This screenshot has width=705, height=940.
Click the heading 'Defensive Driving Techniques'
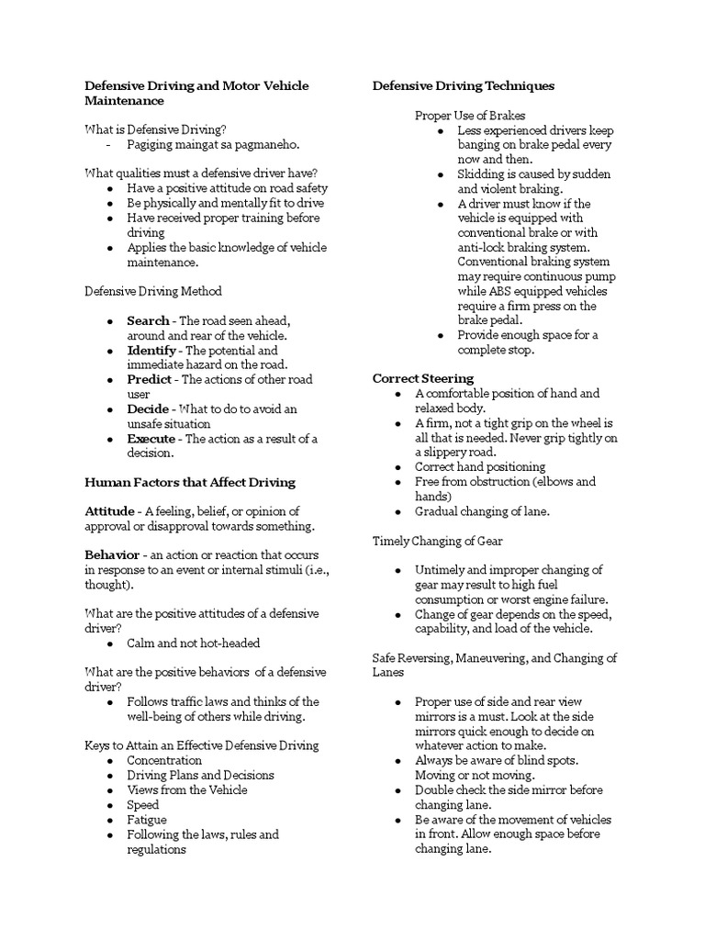[463, 85]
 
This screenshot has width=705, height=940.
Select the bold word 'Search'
[148, 320]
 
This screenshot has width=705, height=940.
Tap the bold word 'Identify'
[151, 351]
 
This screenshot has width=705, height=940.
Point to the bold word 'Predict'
[149, 380]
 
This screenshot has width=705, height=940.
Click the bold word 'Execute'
[151, 439]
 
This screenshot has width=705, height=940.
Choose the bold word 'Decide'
[148, 409]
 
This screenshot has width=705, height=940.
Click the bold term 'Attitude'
[109, 511]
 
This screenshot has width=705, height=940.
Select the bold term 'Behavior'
[112, 555]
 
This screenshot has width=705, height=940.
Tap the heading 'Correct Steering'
[422, 378]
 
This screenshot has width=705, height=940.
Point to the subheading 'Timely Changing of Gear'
[437, 541]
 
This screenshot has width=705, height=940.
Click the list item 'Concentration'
[164, 760]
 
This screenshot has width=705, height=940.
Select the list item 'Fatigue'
[147, 819]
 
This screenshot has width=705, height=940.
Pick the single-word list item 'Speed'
[143, 804]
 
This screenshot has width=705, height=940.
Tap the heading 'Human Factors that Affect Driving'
[189, 482]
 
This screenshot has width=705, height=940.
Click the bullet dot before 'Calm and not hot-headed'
[109, 643]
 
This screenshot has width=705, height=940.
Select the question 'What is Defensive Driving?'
[155, 129]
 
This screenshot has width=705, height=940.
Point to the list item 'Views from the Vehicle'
[186, 789]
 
